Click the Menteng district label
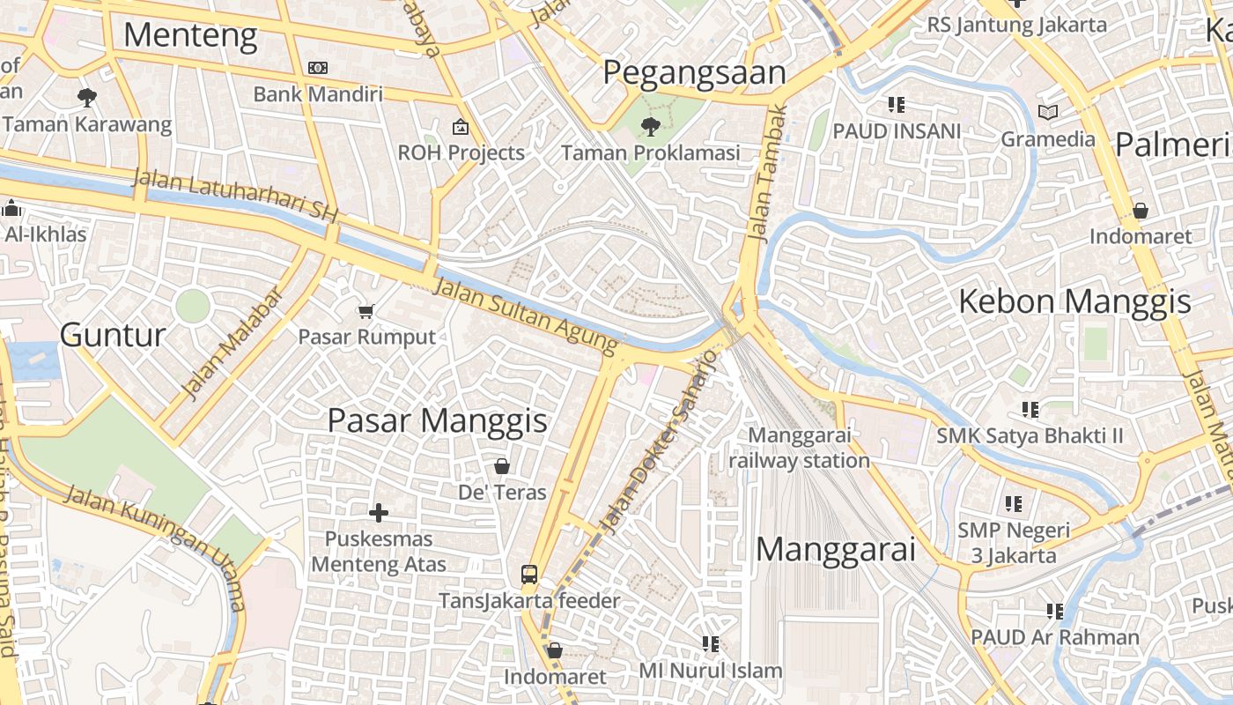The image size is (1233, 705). tap(190, 36)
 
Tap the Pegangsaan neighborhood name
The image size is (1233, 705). tap(694, 73)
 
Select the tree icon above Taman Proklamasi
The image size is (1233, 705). tap(651, 126)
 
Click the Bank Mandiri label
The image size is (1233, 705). tap(318, 93)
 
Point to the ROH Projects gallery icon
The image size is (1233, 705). tap(460, 127)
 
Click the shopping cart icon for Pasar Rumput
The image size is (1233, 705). tap(365, 311)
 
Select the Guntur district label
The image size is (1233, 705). tap(113, 335)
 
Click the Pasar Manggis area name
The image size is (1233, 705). tap(437, 420)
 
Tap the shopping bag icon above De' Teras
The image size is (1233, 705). tap(502, 466)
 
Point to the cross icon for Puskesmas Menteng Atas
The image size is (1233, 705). tap(379, 512)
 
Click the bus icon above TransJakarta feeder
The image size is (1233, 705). tap(528, 575)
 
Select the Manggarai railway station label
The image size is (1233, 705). tap(799, 448)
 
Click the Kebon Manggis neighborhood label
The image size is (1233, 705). tap(1074, 302)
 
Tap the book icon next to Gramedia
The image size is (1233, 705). tap(1047, 112)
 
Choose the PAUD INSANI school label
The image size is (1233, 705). tap(897, 131)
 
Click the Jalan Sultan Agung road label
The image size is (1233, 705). tap(527, 315)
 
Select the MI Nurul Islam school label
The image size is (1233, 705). tap(710, 671)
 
